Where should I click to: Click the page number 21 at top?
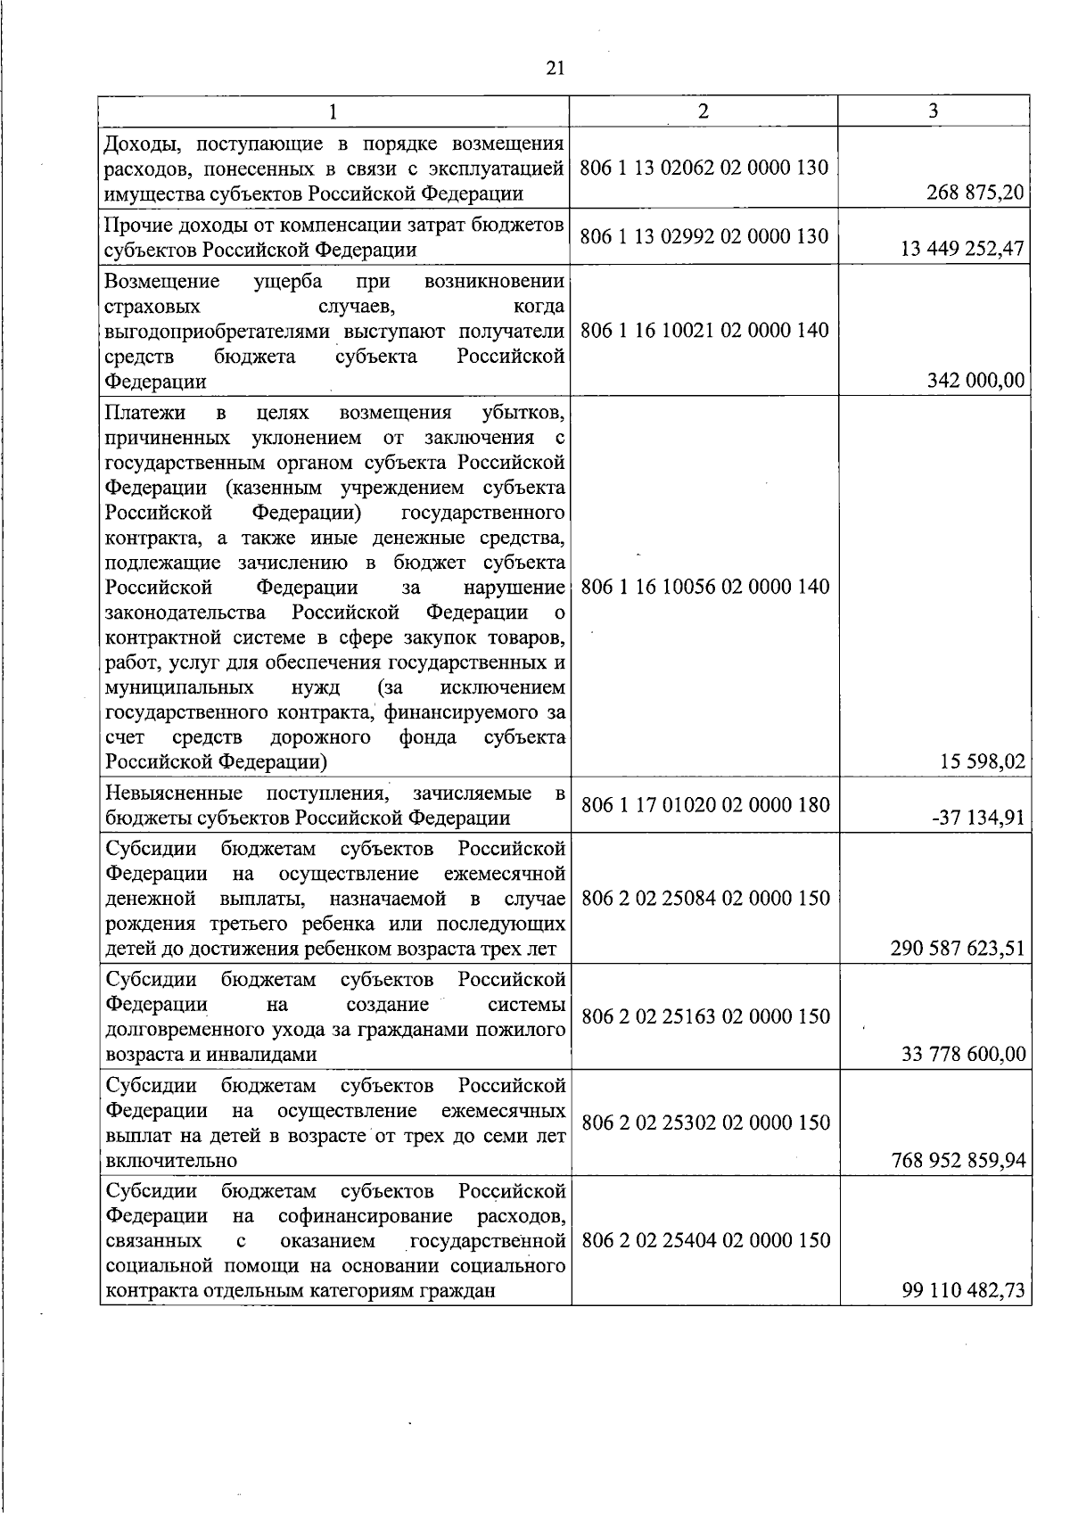click(555, 69)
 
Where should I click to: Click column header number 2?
click(704, 111)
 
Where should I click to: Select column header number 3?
click(933, 111)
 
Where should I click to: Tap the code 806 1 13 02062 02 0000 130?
click(704, 168)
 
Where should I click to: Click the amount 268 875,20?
click(975, 193)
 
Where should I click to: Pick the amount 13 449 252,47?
click(962, 249)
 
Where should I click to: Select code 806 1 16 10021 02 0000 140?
click(704, 331)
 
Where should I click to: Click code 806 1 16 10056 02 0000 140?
click(704, 587)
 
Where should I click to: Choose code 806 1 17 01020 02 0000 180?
click(705, 805)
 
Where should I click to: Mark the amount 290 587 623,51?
click(957, 949)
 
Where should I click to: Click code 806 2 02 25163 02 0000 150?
click(705, 1016)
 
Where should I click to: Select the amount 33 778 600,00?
click(963, 1055)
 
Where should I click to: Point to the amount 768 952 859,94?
click(958, 1161)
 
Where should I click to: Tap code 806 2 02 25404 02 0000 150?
click(705, 1240)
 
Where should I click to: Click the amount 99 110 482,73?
click(963, 1291)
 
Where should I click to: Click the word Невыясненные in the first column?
click(173, 794)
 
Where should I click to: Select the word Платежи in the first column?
click(144, 413)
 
